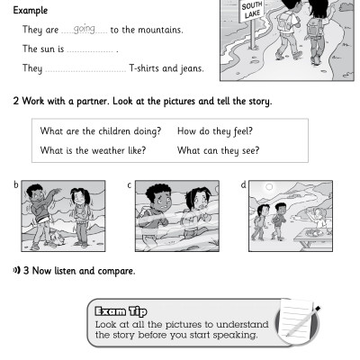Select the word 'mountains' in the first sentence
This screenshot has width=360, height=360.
pyautogui.click(x=161, y=31)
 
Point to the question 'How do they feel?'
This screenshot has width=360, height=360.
pyautogui.click(x=211, y=131)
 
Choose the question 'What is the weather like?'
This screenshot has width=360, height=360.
pyautogui.click(x=93, y=150)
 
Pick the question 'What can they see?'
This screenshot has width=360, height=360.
pyautogui.click(x=213, y=150)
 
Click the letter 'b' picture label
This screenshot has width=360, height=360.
pyautogui.click(x=16, y=185)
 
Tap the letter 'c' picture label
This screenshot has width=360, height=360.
pyautogui.click(x=130, y=185)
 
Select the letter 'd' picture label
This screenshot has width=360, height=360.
pyautogui.click(x=243, y=185)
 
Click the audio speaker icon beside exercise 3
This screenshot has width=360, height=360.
pyautogui.click(x=16, y=270)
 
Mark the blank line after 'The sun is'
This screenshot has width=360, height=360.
pyautogui.click(x=92, y=51)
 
